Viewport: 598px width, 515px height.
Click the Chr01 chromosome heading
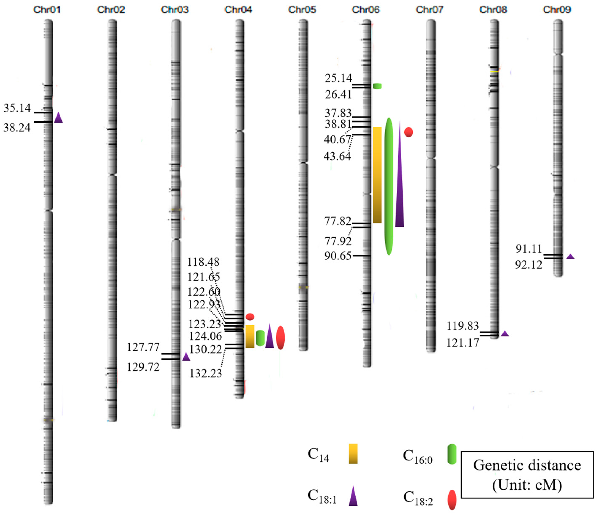point(47,10)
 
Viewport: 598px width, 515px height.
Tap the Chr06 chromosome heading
point(366,10)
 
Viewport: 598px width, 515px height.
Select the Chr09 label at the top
point(557,10)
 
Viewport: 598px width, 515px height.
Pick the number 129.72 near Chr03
point(143,367)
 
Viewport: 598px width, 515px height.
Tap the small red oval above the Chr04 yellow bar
point(250,317)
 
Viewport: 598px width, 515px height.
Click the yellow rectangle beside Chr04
point(250,337)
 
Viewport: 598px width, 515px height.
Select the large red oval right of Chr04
point(281,338)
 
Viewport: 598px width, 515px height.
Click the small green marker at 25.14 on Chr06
point(377,86)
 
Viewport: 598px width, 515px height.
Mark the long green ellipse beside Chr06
point(389,186)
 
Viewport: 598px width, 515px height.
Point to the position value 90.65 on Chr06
point(338,256)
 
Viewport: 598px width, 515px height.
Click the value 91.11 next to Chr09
point(529,249)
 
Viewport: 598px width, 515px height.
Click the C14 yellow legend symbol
point(353,454)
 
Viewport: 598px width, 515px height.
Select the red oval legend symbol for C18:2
point(452,500)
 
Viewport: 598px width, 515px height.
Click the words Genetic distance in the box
point(527,466)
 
